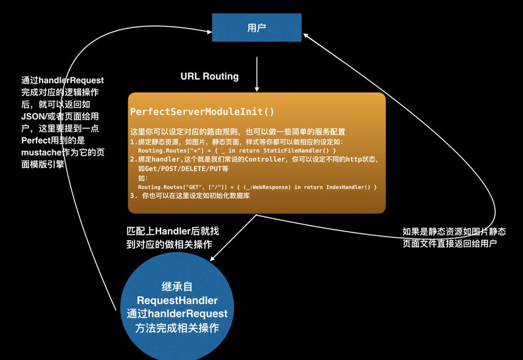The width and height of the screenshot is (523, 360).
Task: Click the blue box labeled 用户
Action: click(257, 28)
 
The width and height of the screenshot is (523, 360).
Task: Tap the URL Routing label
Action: click(209, 77)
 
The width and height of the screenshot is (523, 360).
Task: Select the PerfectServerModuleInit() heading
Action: click(202, 111)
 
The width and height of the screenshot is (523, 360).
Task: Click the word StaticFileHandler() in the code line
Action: click(296, 150)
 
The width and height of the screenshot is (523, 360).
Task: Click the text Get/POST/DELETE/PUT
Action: click(184, 169)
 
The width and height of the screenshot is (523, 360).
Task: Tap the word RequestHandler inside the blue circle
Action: click(177, 300)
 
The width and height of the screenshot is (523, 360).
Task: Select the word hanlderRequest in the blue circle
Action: click(187, 314)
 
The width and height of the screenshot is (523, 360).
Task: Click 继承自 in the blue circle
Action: click(177, 286)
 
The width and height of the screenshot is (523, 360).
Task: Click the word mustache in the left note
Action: click(41, 153)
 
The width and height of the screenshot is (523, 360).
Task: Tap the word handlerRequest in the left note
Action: click(71, 80)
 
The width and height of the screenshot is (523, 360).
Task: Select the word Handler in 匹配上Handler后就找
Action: click(173, 231)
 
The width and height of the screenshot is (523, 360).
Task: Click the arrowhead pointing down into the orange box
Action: click(257, 89)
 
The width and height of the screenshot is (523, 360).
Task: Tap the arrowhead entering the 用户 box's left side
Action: click(209, 32)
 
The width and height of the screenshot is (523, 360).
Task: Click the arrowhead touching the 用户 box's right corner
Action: click(305, 36)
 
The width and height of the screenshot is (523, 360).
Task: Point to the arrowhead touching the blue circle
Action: click(213, 258)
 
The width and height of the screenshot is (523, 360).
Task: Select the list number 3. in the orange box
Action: click(134, 196)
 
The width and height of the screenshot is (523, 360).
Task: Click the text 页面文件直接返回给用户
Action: click(449, 244)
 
